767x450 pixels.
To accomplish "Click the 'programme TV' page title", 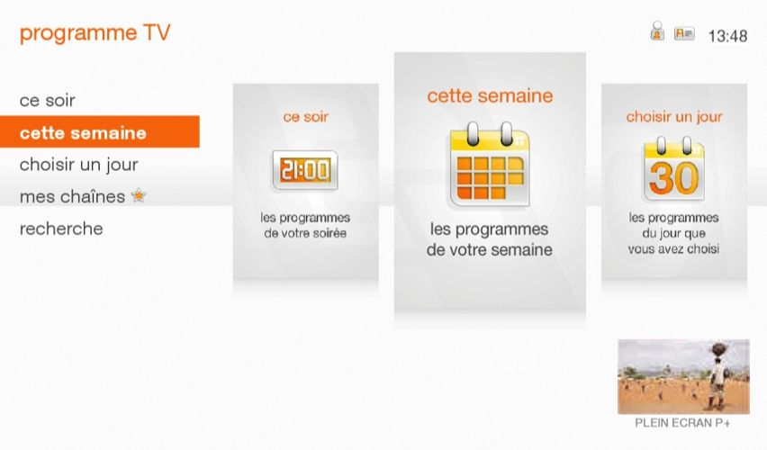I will coord(95,34).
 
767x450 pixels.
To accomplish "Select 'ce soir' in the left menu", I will coord(48,101).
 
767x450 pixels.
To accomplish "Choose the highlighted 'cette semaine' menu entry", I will coord(83,133).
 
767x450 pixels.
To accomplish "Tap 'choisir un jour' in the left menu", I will coord(79,165).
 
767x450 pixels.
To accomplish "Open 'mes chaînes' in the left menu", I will coord(72,196).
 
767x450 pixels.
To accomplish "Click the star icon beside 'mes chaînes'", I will coord(139,195).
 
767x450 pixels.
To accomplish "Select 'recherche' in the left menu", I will coord(61,229).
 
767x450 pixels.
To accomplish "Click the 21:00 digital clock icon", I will coord(305,169).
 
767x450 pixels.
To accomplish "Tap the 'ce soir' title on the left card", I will coord(305,117).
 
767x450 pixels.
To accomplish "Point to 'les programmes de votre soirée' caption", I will coord(305,226).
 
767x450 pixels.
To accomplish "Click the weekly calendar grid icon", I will coord(490,168).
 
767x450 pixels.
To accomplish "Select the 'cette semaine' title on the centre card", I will coord(490,96).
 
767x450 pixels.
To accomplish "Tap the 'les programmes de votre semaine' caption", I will coord(490,240).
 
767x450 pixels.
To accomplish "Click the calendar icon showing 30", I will coord(673,169).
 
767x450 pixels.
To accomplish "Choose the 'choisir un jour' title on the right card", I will coord(674,117).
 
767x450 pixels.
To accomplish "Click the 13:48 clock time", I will coord(727,37).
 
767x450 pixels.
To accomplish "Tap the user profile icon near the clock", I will coord(657,32).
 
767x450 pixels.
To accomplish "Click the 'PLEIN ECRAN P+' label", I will coord(682,421).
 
